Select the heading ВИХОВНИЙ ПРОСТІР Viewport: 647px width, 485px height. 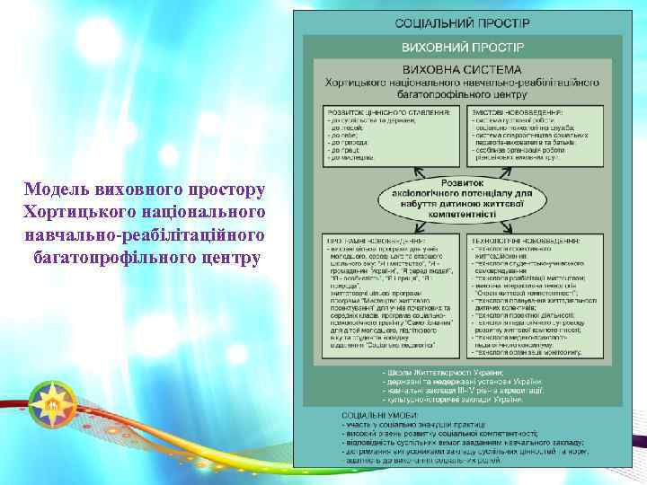click(462, 45)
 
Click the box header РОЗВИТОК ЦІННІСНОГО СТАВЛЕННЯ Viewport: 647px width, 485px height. click(388, 113)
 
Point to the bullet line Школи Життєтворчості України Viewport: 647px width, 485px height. click(444, 372)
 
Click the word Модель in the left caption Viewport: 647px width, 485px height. click(58, 190)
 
